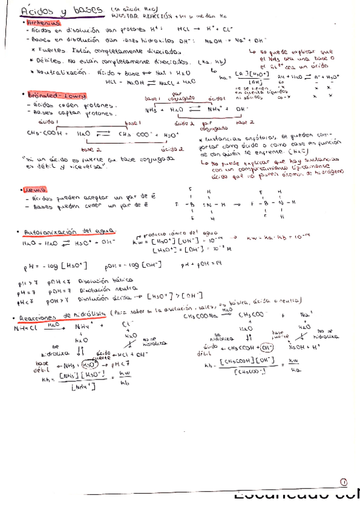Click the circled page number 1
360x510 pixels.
[x=343, y=481]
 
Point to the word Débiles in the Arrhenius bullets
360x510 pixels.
[x=46, y=61]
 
